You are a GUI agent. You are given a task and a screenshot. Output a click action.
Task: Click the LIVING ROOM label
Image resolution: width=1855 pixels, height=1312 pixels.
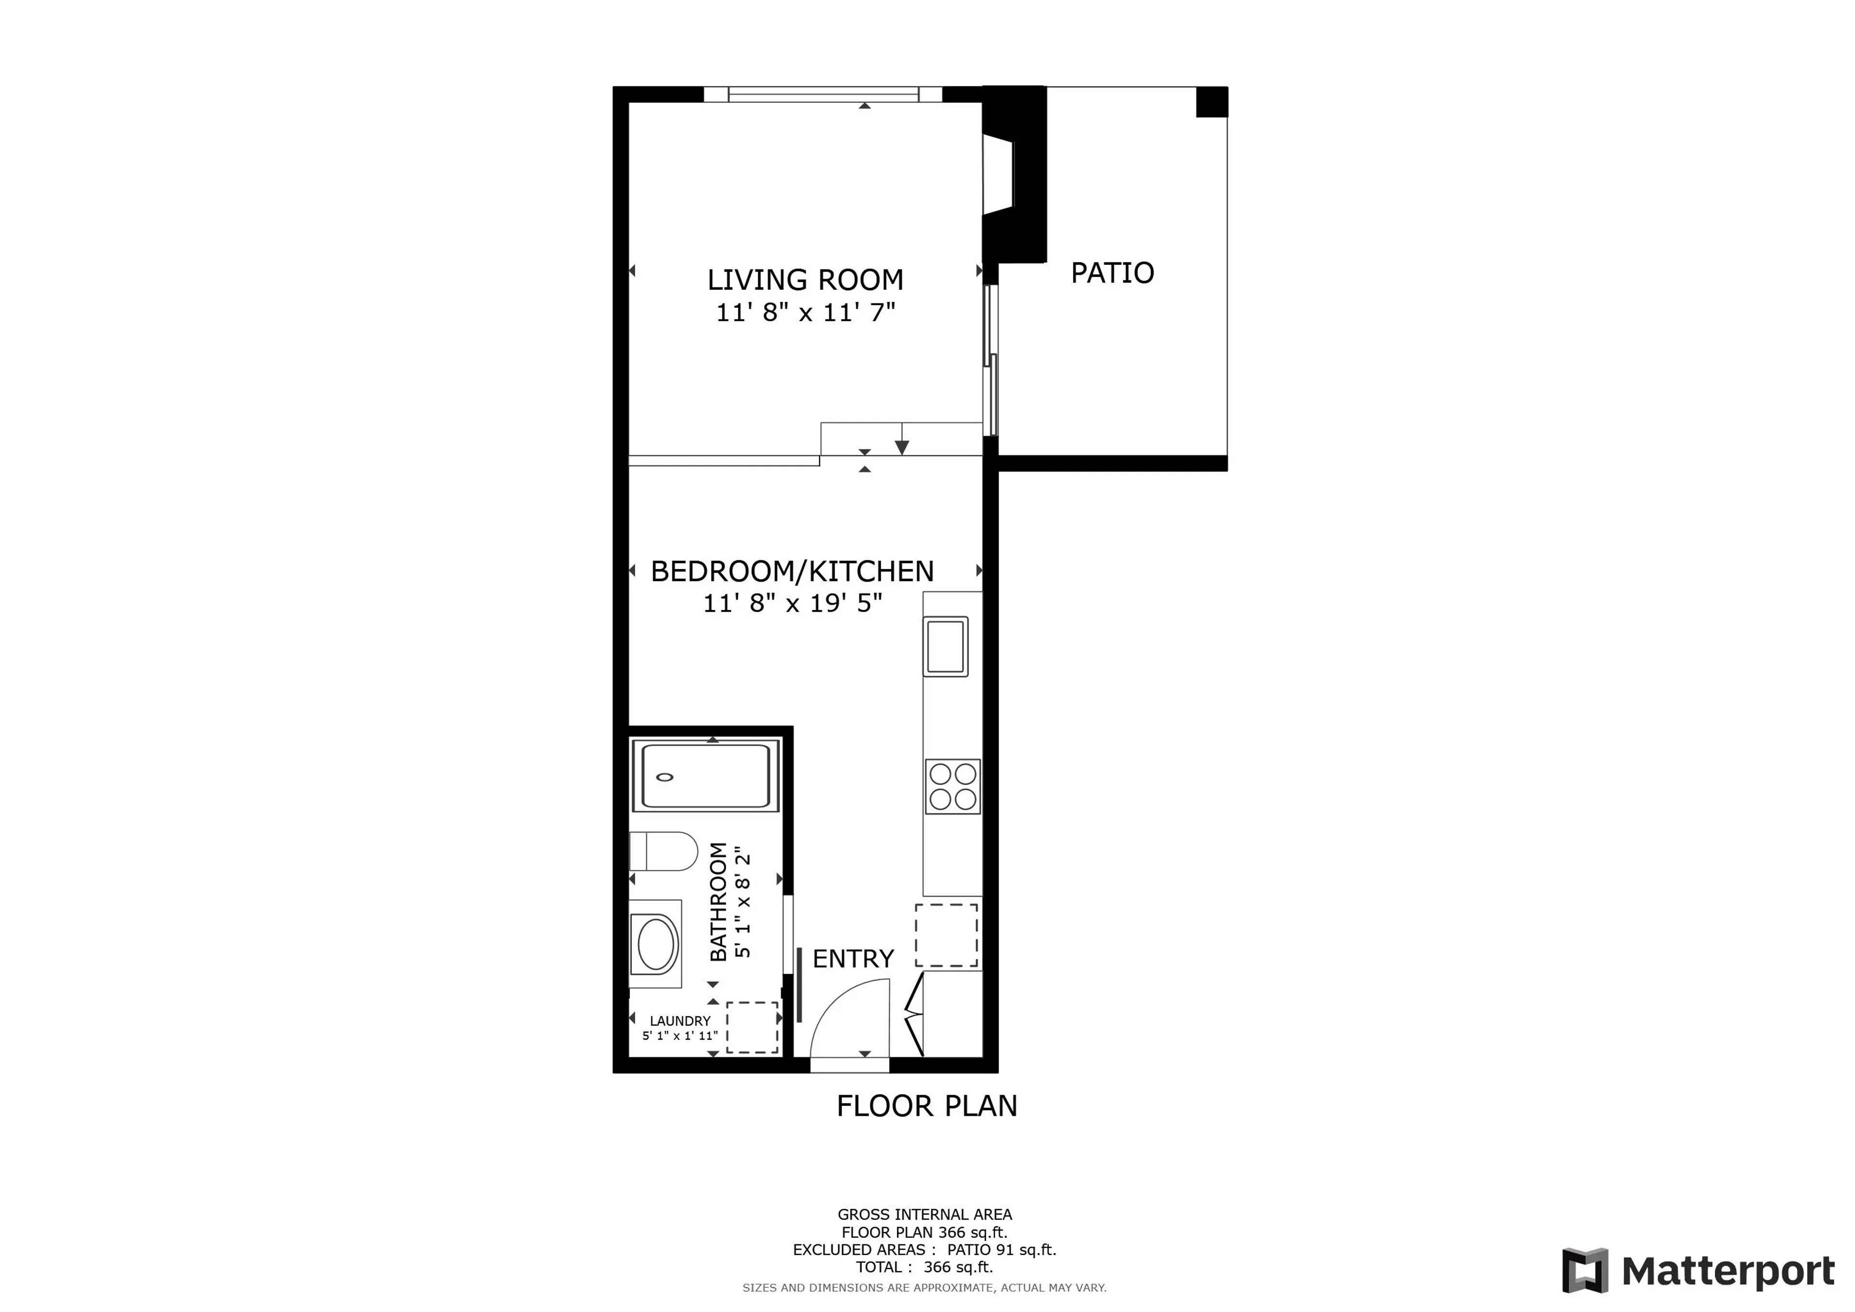point(805,280)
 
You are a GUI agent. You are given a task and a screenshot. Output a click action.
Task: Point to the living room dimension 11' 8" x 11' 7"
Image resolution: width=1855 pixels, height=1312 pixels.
point(805,312)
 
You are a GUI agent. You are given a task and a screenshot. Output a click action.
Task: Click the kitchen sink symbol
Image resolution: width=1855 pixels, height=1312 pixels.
point(945,646)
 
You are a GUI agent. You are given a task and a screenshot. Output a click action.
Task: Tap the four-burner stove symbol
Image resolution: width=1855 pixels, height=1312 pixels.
point(953,786)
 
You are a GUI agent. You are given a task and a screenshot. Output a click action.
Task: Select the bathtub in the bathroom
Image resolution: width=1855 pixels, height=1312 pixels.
point(705,776)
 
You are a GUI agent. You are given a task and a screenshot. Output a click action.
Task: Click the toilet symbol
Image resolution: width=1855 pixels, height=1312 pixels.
point(664,851)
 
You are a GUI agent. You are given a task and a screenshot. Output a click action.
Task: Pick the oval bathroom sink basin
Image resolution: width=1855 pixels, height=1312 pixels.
point(657,943)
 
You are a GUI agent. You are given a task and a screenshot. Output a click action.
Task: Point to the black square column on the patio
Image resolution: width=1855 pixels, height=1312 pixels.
point(1211,102)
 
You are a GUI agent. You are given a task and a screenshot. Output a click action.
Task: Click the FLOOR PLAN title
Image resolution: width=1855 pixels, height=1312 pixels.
point(927,1106)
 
